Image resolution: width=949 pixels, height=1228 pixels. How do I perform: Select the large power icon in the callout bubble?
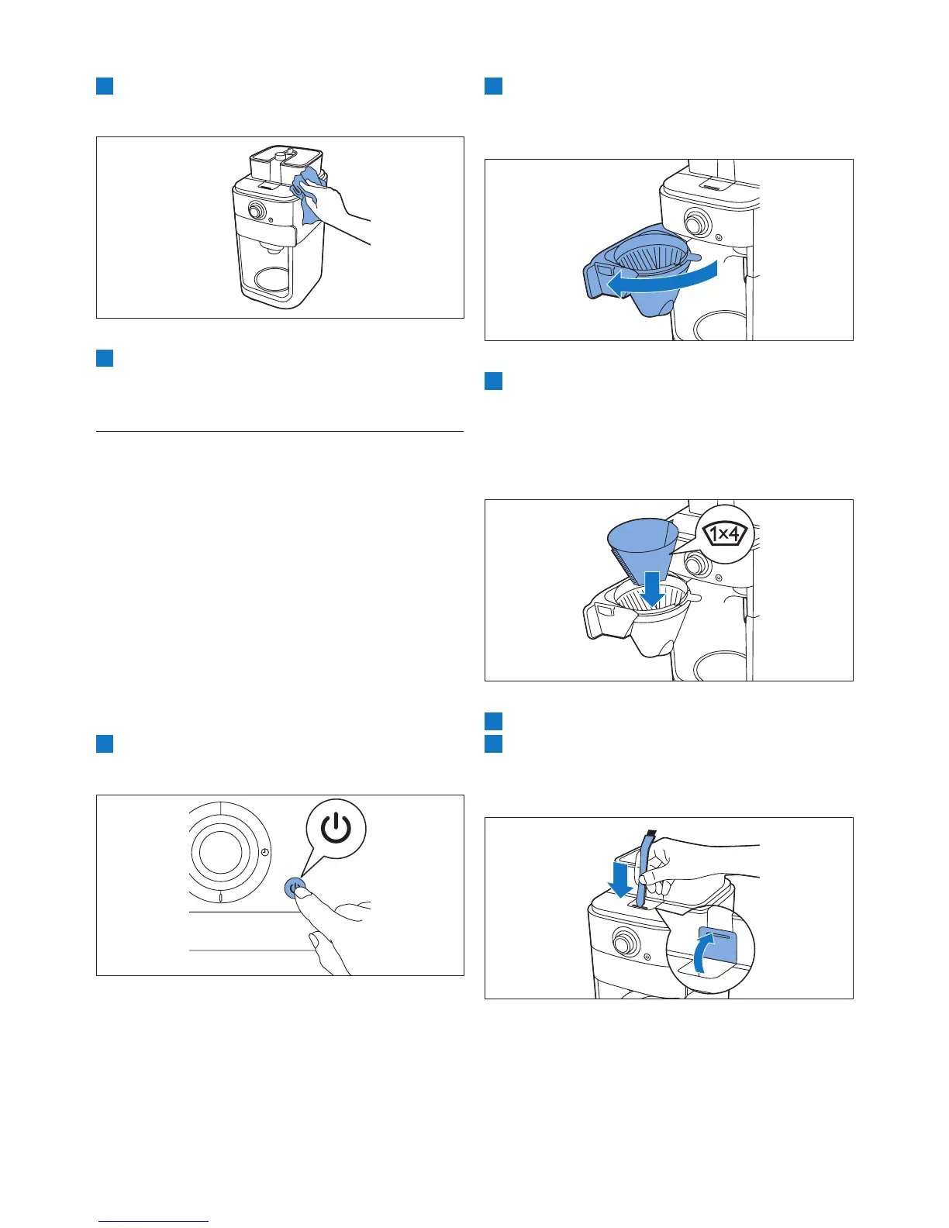334,830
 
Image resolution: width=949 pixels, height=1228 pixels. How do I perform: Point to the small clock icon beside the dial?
265,852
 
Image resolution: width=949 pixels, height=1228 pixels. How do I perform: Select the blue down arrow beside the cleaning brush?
620,875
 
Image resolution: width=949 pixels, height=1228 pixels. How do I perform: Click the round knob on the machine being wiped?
254,210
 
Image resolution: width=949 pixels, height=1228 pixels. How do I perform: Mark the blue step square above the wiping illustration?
105,85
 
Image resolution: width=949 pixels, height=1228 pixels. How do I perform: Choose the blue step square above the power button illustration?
105,743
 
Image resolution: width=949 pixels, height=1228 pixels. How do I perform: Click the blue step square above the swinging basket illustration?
493,85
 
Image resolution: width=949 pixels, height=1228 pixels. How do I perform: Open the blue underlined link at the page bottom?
154,1220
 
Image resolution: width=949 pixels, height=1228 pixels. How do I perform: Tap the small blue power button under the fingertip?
295,887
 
